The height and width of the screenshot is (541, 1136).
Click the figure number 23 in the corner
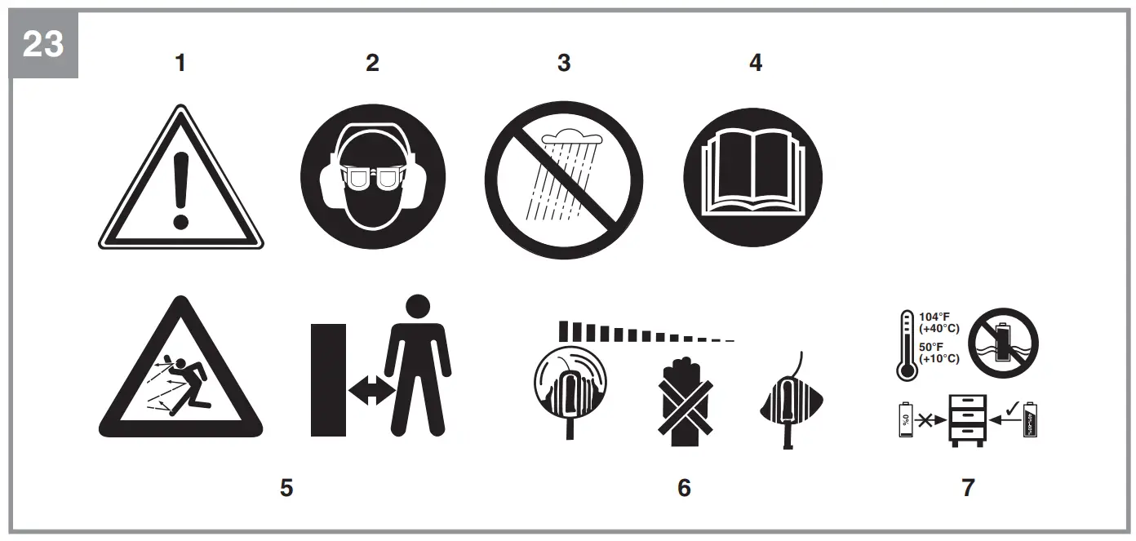42,44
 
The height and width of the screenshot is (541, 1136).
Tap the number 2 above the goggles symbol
372,63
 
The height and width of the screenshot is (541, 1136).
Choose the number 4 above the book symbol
756,63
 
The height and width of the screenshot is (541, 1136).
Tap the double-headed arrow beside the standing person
371,391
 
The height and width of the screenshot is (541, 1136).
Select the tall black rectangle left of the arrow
329,379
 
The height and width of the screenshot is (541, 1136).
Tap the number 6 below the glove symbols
684,487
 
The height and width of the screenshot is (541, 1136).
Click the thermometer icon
906,345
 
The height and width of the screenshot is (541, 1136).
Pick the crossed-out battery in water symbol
1008,339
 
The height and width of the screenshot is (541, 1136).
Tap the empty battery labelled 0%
905,419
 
